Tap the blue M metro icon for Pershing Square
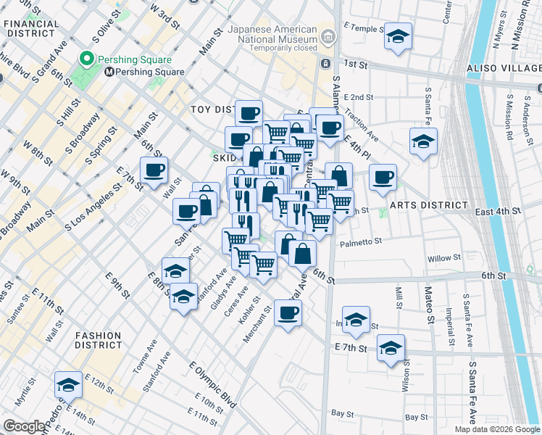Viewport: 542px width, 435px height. [108, 72]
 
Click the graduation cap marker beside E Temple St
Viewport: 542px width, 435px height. [396, 36]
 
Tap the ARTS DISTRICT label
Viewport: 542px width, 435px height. [422, 205]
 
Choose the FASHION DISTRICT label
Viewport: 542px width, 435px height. [98, 340]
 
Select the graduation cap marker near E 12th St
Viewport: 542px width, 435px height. [68, 385]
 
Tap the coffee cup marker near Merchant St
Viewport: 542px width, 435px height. [288, 313]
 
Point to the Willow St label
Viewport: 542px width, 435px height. [443, 258]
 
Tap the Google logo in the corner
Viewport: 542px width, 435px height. [24, 426]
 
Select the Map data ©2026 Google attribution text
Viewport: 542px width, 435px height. [496, 429]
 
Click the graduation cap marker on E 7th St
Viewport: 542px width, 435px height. [391, 349]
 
